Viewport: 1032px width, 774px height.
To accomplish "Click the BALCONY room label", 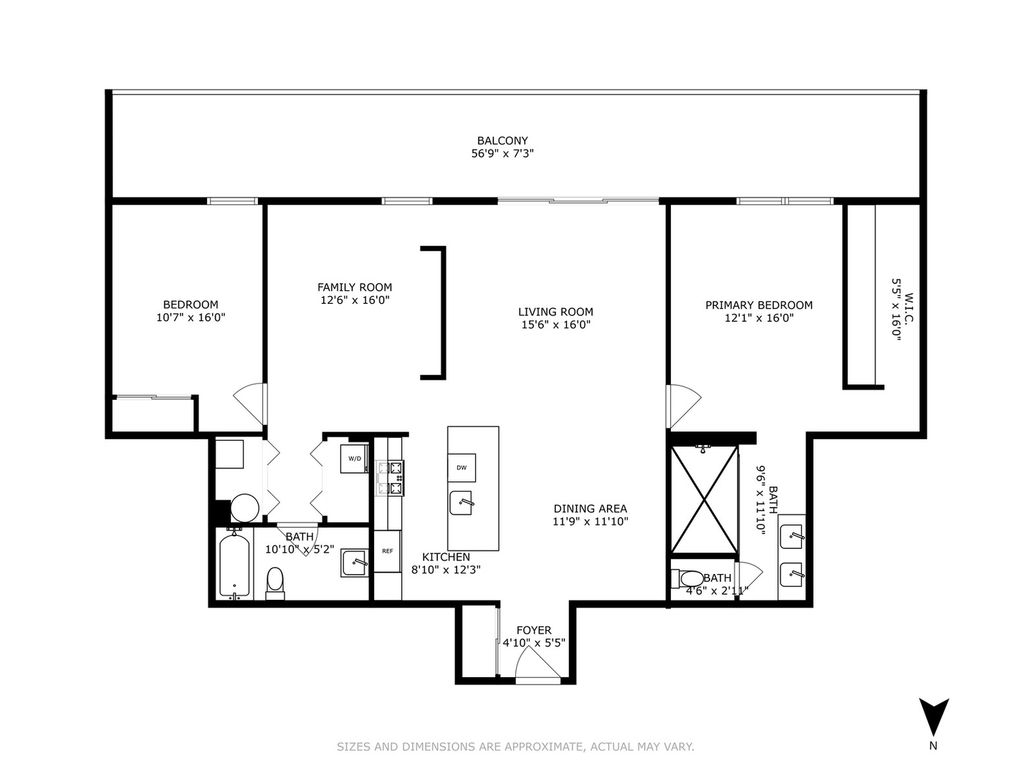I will (502, 141).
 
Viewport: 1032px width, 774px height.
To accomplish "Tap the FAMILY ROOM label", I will (355, 287).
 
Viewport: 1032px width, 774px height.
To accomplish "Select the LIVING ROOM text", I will (555, 312).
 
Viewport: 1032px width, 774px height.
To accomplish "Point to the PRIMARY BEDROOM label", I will (758, 305).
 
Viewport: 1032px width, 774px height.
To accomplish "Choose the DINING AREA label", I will (590, 509).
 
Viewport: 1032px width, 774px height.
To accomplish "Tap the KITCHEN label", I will (446, 557).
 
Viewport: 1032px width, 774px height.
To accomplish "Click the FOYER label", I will (534, 630).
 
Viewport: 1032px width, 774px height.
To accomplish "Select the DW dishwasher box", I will (462, 467).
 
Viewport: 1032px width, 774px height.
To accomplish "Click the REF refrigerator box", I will (387, 551).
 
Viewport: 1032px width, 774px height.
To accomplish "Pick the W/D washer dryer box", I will (355, 459).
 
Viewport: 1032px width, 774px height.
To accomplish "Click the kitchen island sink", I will (462, 503).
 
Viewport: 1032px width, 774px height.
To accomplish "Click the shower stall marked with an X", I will (704, 500).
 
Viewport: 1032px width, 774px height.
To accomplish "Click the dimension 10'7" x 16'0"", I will (191, 317).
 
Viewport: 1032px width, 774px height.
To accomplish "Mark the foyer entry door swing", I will (537, 662).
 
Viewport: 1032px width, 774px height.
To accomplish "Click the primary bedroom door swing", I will (682, 406).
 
